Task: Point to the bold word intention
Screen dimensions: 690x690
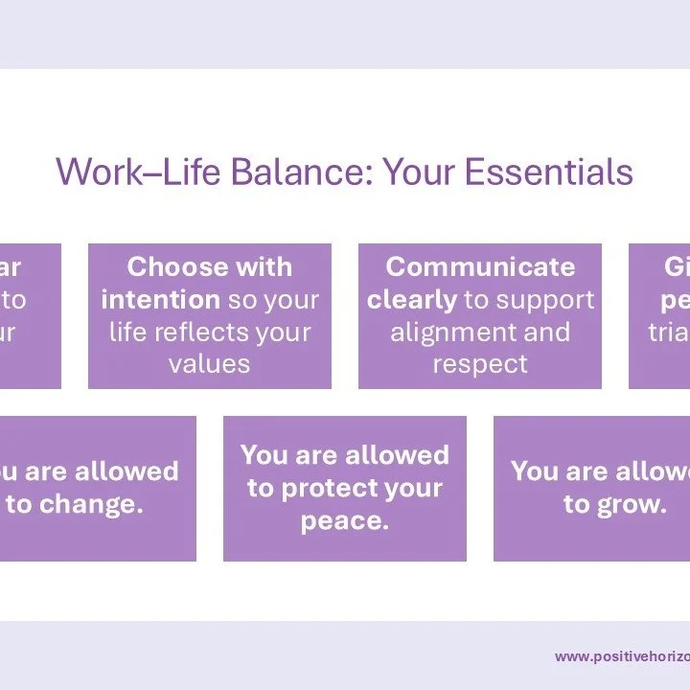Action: (160, 299)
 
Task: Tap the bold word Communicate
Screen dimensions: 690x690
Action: (480, 266)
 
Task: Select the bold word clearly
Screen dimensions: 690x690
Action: (411, 299)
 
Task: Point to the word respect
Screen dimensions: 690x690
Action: (480, 364)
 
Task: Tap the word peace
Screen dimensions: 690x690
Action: (344, 521)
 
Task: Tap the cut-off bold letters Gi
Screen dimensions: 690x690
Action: (677, 266)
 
